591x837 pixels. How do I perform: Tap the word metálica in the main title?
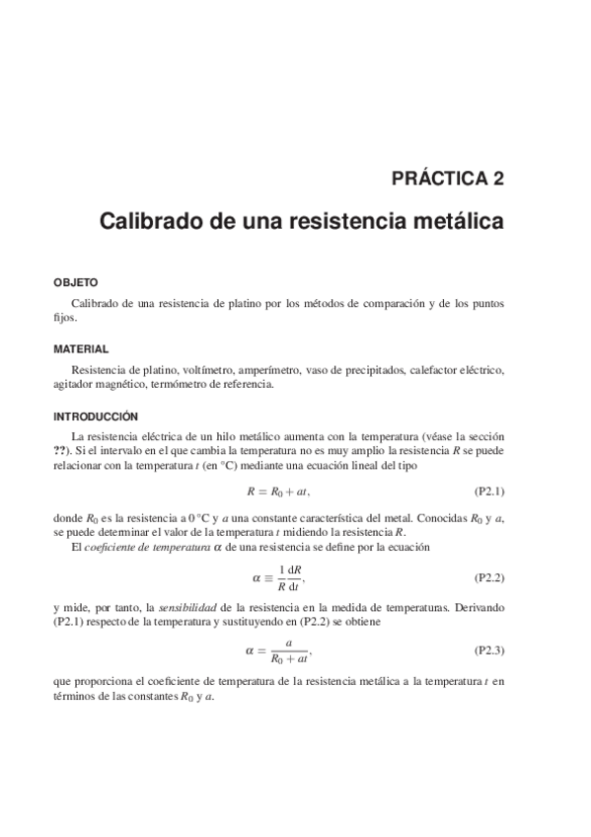pyautogui.click(x=461, y=220)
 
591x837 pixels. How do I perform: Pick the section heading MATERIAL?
pyautogui.click(x=81, y=349)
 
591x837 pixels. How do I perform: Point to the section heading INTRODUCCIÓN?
pyautogui.click(x=97, y=417)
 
